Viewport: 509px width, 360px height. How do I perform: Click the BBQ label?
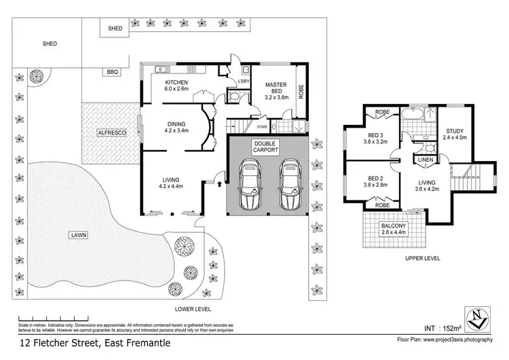point(111,71)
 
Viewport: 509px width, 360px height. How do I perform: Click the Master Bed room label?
point(277,91)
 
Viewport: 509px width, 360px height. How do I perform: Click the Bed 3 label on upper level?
point(375,139)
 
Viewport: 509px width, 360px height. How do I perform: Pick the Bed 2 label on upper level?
point(375,181)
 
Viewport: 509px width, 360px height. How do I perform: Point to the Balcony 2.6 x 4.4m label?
point(393,230)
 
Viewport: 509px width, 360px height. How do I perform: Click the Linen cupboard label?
point(426,160)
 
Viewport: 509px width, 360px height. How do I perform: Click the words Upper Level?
point(421,258)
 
